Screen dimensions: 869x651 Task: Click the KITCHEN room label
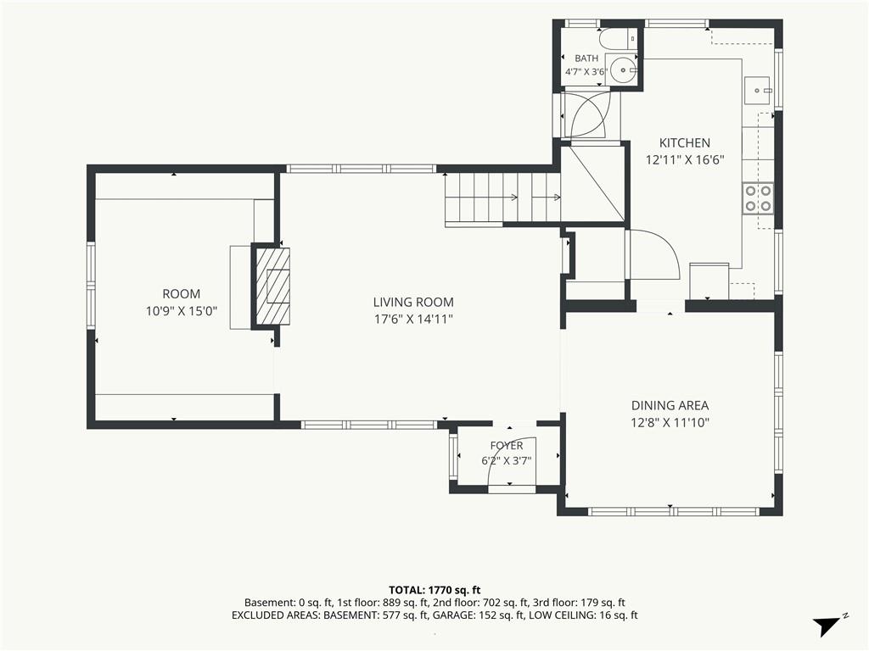[x=685, y=142]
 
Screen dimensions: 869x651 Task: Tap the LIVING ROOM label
[x=413, y=303]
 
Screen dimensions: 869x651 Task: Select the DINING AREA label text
[x=670, y=405]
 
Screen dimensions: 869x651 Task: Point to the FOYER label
[x=507, y=446]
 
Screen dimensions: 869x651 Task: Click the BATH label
[x=586, y=58]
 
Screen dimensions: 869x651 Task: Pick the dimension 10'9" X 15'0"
[x=182, y=311]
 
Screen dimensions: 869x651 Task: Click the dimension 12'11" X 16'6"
[x=685, y=160]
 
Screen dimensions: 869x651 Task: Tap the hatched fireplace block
[x=272, y=287]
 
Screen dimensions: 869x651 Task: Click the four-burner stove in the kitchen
[x=758, y=198]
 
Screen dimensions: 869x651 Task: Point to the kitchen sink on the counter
[x=756, y=90]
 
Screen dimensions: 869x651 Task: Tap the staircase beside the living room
[x=502, y=197]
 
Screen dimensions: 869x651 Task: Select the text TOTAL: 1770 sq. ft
[x=434, y=590]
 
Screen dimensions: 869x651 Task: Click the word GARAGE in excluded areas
[x=451, y=615]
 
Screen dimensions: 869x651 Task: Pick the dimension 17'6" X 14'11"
[x=413, y=320]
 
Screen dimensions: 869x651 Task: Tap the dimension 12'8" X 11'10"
[x=670, y=423]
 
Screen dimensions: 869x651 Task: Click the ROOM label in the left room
[x=182, y=294]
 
